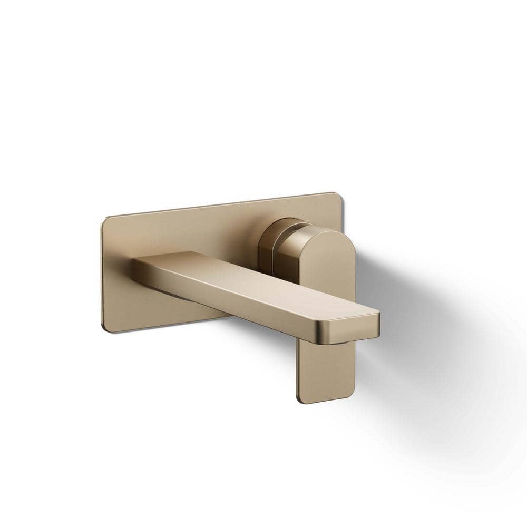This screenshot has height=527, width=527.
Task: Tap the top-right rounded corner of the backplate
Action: click(x=337, y=195)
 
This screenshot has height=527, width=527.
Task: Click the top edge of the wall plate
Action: click(x=221, y=205)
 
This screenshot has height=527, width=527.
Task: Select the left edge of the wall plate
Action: click(x=102, y=274)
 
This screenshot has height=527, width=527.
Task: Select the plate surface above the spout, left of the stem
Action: click(x=211, y=232)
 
